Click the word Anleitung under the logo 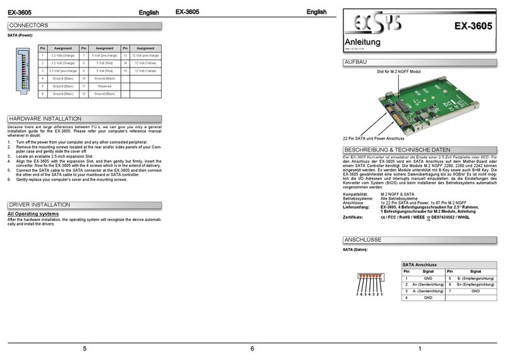coord(362,42)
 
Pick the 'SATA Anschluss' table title coord(420,264)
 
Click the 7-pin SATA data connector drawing coord(370,279)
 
